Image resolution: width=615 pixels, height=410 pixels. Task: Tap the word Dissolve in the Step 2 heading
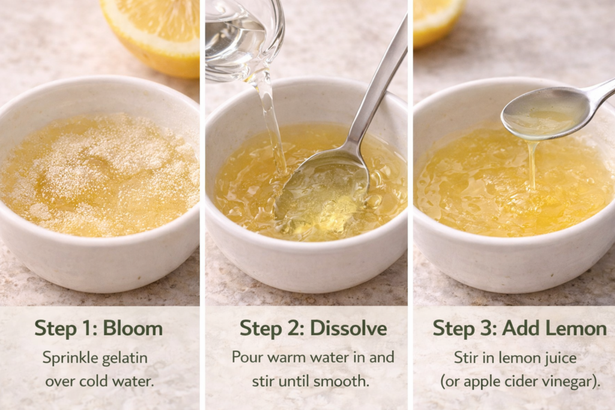(x=348, y=328)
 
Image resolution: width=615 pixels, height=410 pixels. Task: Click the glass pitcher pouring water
(x=243, y=39)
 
